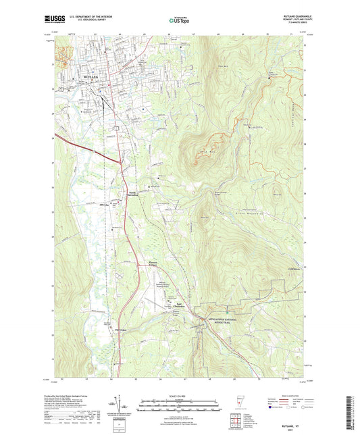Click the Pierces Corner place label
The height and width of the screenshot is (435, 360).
point(157,265)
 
